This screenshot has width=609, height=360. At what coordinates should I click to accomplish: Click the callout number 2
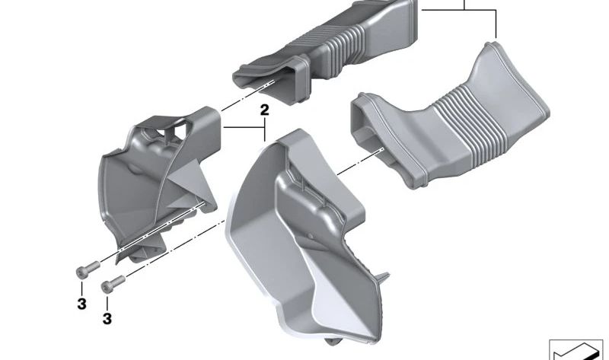[264, 110]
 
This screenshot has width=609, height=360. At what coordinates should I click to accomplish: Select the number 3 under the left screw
[81, 304]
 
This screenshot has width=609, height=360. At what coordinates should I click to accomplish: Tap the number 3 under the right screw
[107, 319]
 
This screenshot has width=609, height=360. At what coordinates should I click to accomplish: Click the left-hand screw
[88, 269]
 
